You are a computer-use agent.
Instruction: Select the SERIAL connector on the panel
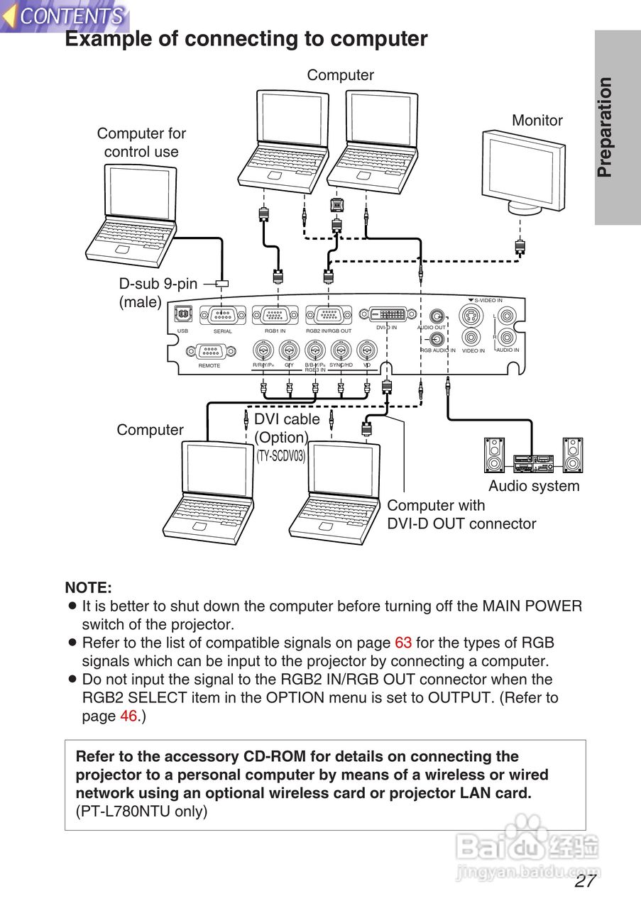[223, 314]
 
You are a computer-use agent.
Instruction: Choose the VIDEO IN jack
[473, 338]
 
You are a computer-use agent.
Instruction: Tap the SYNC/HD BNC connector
[341, 350]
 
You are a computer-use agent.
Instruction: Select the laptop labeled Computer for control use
[133, 213]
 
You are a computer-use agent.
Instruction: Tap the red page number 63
[403, 643]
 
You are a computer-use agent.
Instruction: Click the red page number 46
[128, 716]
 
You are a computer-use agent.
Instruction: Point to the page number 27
[585, 881]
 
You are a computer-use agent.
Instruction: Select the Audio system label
[534, 486]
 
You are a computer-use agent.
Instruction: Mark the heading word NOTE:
[89, 587]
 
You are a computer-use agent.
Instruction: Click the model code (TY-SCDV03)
[280, 456]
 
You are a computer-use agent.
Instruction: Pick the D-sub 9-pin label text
[158, 284]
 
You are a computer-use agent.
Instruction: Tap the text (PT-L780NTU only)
[141, 812]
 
